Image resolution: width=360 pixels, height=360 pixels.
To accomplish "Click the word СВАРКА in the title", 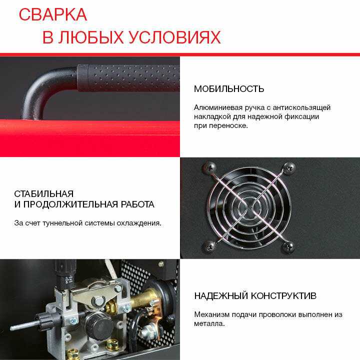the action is click(53, 14).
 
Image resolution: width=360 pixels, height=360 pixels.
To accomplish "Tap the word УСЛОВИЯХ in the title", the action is click(174, 37).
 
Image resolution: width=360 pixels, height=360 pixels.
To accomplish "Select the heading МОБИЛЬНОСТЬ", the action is click(229, 89).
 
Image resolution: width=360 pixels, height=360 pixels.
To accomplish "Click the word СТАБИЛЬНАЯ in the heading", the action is click(44, 194).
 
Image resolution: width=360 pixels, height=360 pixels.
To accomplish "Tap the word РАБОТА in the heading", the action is click(137, 204).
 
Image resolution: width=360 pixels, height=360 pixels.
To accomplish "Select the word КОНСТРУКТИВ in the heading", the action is click(283, 295).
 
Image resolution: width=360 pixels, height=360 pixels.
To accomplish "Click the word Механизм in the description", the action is click(211, 314).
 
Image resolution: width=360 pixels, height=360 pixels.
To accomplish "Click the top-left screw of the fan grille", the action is click(209, 167).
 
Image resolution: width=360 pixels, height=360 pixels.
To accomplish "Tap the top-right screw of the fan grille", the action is click(289, 168).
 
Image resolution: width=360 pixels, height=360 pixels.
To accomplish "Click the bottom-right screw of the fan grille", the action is click(288, 246).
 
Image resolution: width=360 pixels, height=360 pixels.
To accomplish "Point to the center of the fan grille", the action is click(249, 207).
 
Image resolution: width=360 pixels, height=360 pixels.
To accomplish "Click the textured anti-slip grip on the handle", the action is click(128, 78).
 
